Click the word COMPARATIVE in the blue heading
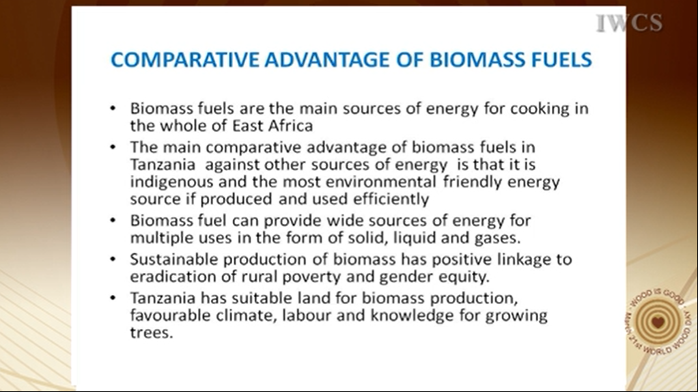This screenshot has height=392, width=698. point(184,59)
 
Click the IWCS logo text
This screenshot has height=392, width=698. point(629,23)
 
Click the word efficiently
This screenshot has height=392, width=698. point(391,199)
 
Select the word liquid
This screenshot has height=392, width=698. point(412,238)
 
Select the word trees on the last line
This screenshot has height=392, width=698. point(152,333)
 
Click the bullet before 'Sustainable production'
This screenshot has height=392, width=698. point(113,260)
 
